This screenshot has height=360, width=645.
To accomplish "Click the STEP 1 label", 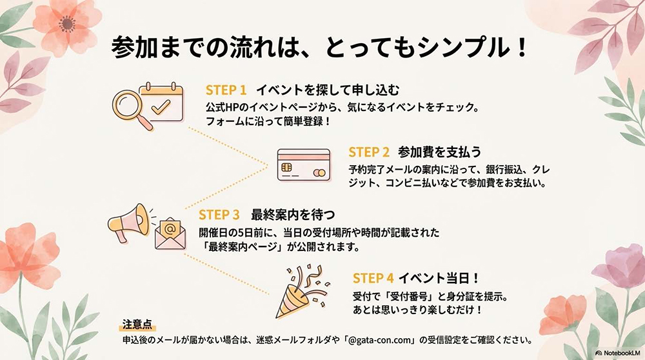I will tap(226, 90).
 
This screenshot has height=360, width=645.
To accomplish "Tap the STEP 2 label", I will tap(369, 152).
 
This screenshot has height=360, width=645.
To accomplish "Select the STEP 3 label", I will tap(219, 214).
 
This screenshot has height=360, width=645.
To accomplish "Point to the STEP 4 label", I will tap(373, 278).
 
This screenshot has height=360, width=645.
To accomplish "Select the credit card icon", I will tap(303, 166).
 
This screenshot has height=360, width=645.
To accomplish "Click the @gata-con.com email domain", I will tap(382, 339).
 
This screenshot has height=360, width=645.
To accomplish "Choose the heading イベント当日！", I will tap(439, 278).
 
